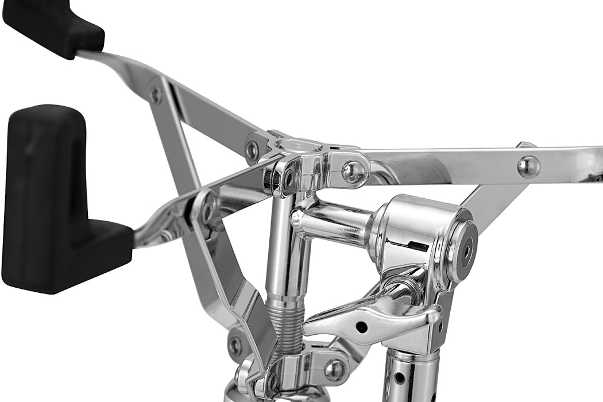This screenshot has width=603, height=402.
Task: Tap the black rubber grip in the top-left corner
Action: [55, 26]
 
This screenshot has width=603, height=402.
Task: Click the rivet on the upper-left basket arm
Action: [155, 94]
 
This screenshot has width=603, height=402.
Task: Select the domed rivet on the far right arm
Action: [528, 167]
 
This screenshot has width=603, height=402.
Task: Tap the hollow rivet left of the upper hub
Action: [252, 150]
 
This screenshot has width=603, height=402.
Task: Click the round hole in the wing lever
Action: [361, 327]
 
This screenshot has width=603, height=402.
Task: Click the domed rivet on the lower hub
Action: [334, 370]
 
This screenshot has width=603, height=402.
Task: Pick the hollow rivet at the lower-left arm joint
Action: [234, 345]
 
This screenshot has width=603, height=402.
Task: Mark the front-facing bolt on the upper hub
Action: [285, 179]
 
